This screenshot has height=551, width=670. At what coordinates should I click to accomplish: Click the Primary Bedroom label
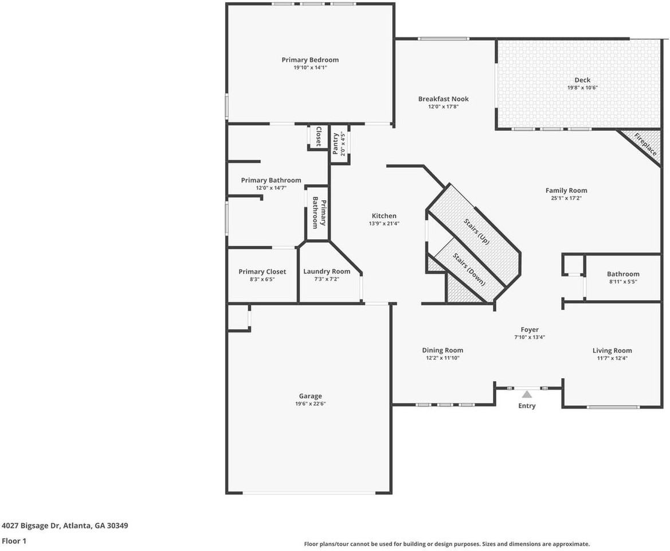[309, 60]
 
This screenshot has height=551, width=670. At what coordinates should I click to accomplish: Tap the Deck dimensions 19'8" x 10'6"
[582, 88]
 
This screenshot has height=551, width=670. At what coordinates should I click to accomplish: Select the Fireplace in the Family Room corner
[645, 144]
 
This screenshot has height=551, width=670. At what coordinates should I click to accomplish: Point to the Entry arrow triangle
[526, 394]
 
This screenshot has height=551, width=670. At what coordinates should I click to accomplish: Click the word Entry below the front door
[527, 406]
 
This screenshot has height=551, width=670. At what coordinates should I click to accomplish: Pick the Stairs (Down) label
[469, 269]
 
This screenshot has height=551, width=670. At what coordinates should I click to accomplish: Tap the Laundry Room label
[327, 271]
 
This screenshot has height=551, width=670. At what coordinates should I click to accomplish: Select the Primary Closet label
[262, 271]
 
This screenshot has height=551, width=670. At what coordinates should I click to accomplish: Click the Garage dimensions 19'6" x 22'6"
[310, 403]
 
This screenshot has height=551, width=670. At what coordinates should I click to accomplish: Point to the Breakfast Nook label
[443, 99]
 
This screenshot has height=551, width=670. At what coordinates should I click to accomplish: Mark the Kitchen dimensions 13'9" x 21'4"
[383, 223]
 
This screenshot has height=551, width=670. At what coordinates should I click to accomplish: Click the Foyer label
[530, 329]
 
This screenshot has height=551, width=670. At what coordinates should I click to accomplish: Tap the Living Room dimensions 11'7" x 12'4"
[612, 358]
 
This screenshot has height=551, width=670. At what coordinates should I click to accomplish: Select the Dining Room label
[442, 350]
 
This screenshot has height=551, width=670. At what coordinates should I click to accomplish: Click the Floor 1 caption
[14, 541]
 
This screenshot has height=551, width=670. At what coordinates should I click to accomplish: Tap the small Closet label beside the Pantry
[319, 137]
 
